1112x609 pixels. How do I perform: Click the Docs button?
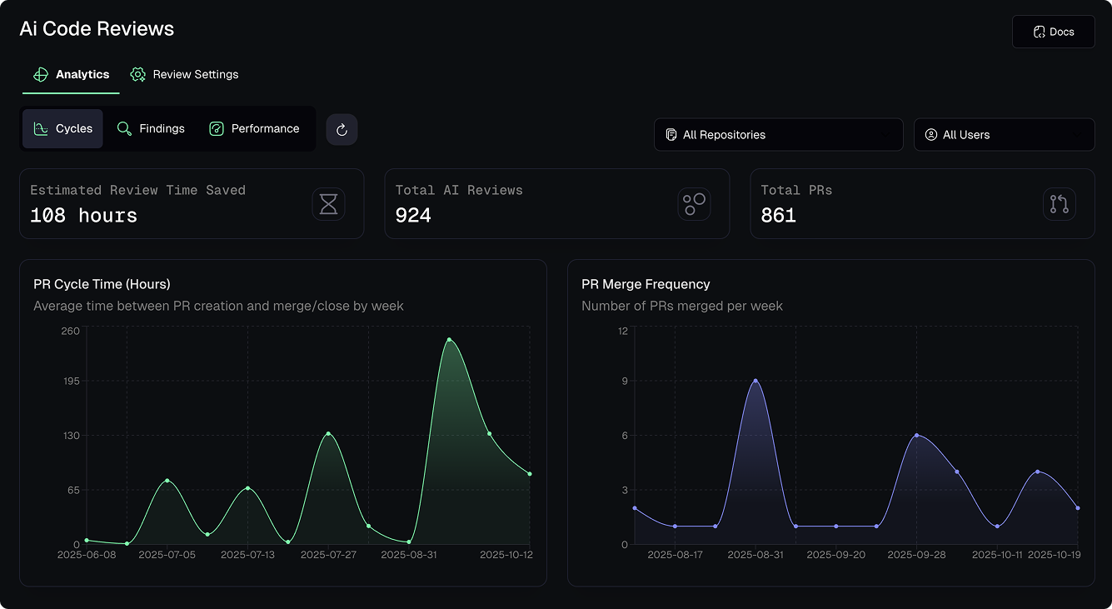(x=1053, y=32)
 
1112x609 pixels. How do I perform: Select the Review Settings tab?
(x=185, y=75)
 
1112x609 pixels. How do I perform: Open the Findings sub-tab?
(x=151, y=129)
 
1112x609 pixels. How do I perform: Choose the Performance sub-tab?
(x=254, y=129)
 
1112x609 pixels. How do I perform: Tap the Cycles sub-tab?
(x=62, y=129)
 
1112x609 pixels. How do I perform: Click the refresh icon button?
(x=342, y=130)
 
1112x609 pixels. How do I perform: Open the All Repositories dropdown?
(x=778, y=135)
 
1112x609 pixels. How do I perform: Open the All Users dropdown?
(x=1004, y=135)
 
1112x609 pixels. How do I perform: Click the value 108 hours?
(x=83, y=216)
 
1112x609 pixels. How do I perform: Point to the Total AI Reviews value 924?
(x=413, y=216)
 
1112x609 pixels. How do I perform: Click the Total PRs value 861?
(x=778, y=216)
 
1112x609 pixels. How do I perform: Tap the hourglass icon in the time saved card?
(x=328, y=204)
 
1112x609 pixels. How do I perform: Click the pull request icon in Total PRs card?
(x=1059, y=204)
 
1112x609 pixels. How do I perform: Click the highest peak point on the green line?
(x=449, y=340)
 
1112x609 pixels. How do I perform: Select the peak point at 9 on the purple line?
(x=755, y=381)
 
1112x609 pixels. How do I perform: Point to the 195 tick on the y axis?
(x=70, y=381)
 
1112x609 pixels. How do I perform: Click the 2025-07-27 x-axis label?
(x=328, y=555)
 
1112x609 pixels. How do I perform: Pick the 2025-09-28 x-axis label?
(x=916, y=555)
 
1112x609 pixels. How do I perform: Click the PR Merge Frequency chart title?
(x=646, y=284)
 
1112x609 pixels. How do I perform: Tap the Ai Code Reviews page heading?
(x=97, y=29)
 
